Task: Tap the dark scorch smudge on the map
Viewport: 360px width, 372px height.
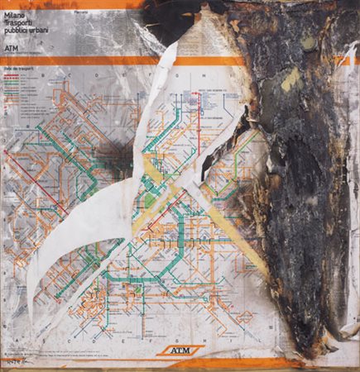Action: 112,154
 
